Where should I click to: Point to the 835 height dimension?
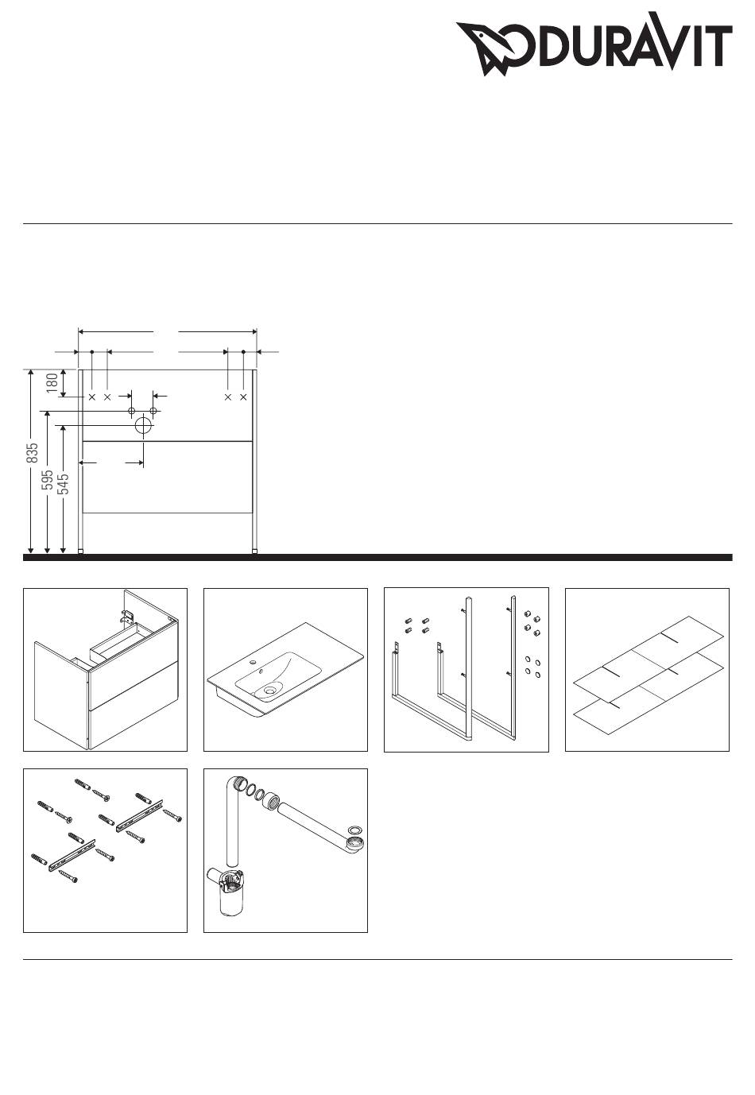[33, 453]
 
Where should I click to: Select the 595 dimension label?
[48, 480]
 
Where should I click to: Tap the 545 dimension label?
[63, 484]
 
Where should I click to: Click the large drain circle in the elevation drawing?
[143, 425]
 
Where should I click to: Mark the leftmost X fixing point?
[91, 397]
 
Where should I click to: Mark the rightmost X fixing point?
[243, 397]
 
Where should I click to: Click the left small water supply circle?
[131, 411]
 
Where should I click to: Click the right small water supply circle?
[153, 411]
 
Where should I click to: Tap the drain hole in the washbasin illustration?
[269, 691]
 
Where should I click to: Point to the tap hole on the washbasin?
[253, 663]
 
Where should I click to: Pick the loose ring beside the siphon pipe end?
[355, 830]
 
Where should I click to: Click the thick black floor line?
[377, 557]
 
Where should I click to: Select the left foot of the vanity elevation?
[81, 551]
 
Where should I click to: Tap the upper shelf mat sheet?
[649, 659]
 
